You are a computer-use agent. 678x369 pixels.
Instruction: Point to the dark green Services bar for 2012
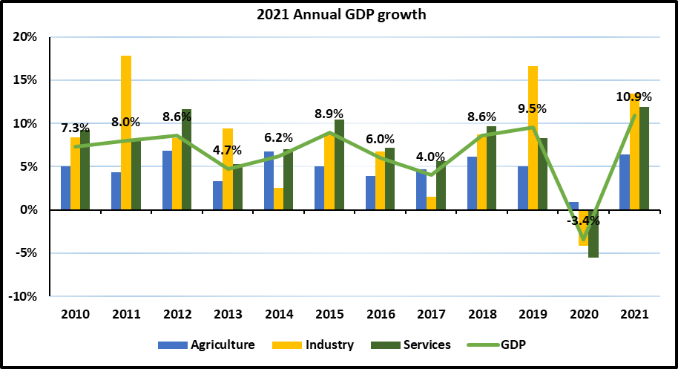pyautogui.click(x=186, y=160)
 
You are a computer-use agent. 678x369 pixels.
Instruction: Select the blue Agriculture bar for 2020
pyautogui.click(x=573, y=206)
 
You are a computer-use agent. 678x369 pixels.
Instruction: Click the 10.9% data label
pyautogui.click(x=634, y=97)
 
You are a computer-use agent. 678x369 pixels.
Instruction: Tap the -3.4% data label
pyautogui.click(x=583, y=221)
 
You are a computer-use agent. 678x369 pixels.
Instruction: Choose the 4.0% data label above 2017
pyautogui.click(x=430, y=157)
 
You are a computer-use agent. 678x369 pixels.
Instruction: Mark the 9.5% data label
pyautogui.click(x=532, y=108)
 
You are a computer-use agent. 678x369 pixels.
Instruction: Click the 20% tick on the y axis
pyautogui.click(x=27, y=37)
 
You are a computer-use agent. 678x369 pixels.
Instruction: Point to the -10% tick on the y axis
pyautogui.click(x=24, y=296)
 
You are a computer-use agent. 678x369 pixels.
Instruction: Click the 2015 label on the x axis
pyautogui.click(x=329, y=314)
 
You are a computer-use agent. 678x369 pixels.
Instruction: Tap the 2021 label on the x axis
pyautogui.click(x=634, y=314)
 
